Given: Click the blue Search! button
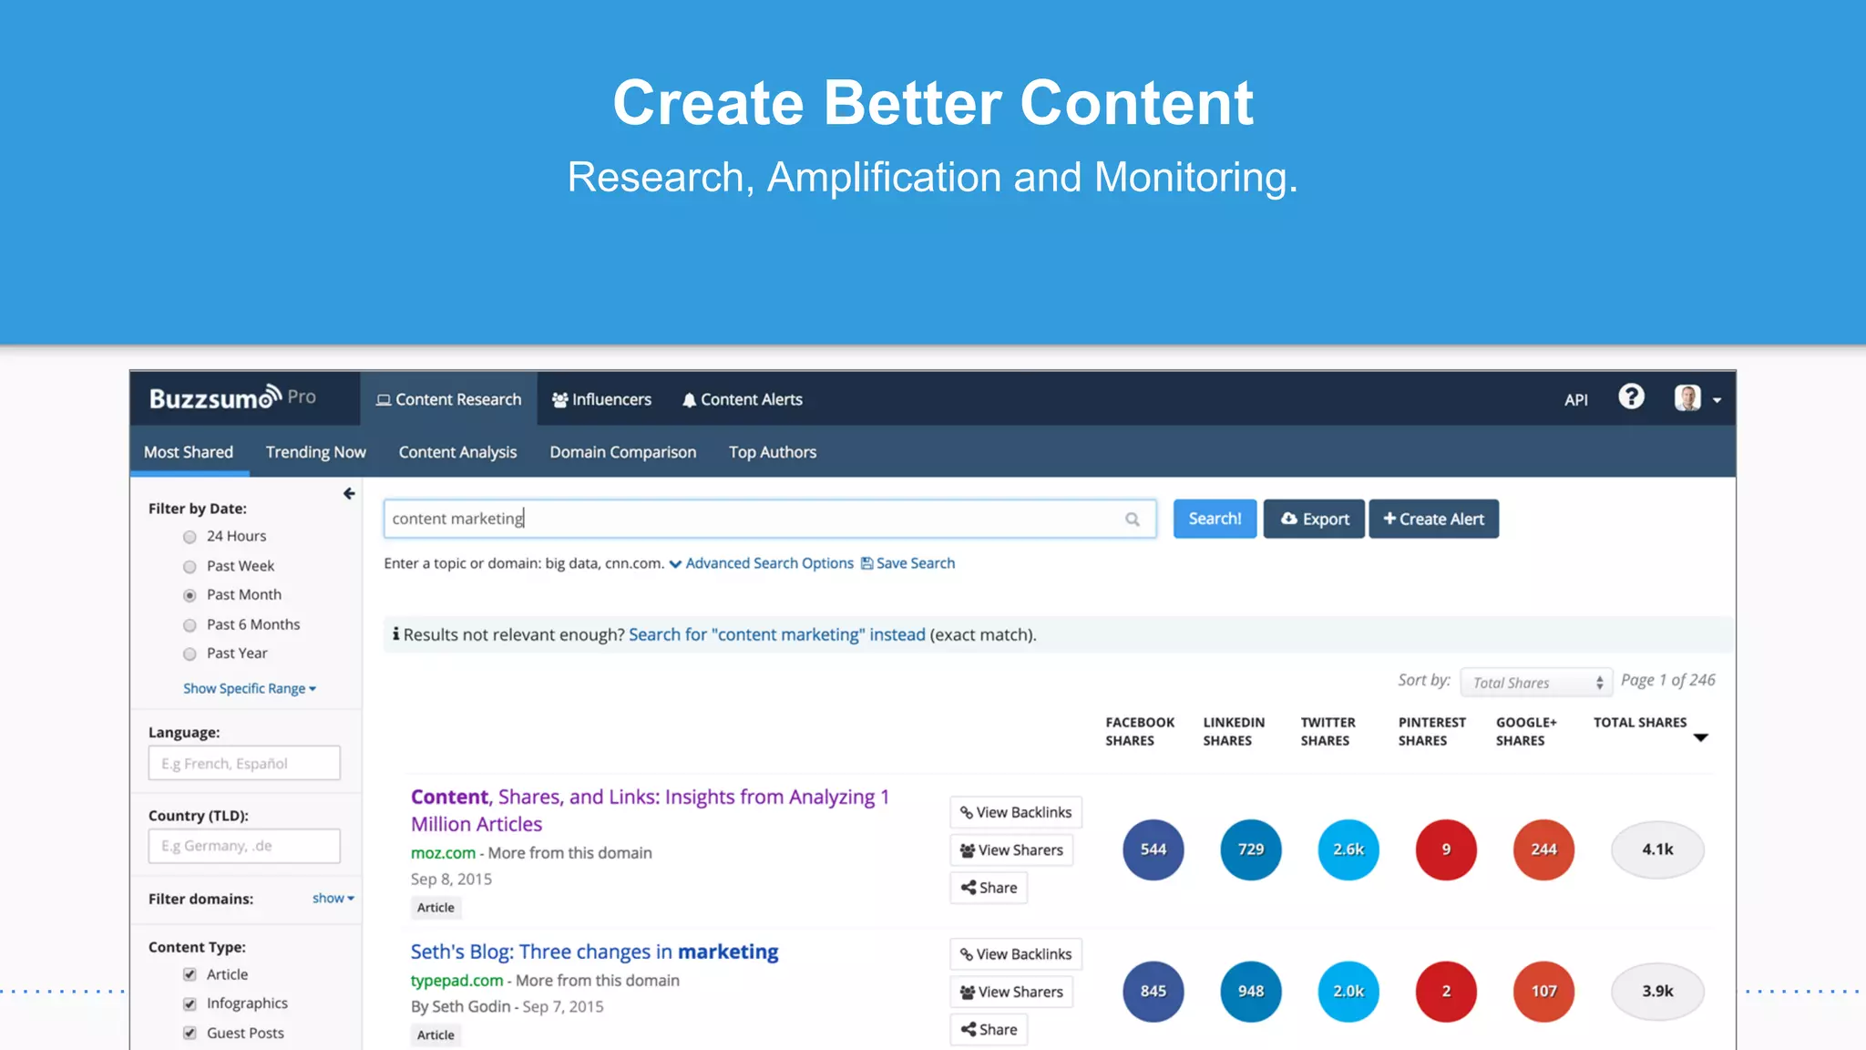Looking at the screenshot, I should [x=1214, y=519].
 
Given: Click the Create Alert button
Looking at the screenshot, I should [x=1433, y=519].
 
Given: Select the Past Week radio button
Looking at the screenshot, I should [x=190, y=567].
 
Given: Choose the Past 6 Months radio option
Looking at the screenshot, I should [x=190, y=625].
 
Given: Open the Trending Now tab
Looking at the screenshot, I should [x=315, y=452].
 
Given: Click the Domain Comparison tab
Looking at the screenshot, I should [x=622, y=452].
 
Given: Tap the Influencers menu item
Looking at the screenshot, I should [x=601, y=399].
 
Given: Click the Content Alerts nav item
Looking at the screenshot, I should [x=742, y=399].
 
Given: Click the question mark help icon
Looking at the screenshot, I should [x=1631, y=396].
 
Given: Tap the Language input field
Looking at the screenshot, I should [x=244, y=763].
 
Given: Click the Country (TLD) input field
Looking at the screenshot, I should [x=244, y=846].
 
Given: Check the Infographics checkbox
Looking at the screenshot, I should [x=190, y=1004].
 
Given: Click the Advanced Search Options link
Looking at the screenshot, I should [x=768, y=563].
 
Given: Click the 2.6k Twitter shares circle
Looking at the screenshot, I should [x=1348, y=849].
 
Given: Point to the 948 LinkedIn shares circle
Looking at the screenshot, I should [x=1250, y=992].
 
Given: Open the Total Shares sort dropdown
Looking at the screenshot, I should [x=1536, y=683].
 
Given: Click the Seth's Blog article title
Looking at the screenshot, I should [x=594, y=952].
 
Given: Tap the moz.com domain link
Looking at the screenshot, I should [x=443, y=853].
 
